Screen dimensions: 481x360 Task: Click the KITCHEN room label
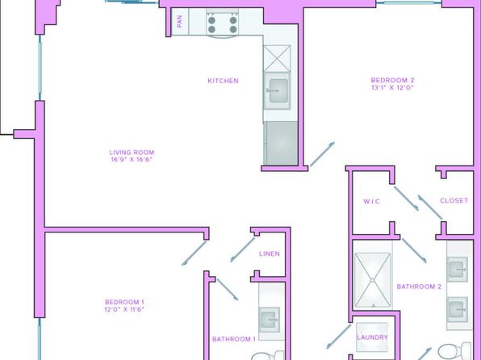pos(223,81)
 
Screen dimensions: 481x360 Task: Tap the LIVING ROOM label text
pos(132,153)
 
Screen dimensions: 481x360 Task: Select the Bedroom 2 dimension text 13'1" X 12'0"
pos(393,87)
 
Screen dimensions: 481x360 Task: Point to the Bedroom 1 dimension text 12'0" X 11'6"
pos(124,309)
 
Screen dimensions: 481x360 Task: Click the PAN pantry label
pos(180,22)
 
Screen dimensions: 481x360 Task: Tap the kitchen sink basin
pos(278,91)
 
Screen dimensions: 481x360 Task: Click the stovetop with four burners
pos(223,24)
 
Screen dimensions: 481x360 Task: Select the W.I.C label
pos(371,201)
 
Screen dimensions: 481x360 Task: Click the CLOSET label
pos(454,200)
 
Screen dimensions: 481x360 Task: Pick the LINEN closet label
pos(270,253)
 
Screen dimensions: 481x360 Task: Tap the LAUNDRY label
pos(372,337)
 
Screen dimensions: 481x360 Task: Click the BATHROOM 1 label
pos(234,339)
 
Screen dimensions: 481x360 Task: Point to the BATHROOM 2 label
pos(419,287)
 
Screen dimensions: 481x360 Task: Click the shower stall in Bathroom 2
pos(372,280)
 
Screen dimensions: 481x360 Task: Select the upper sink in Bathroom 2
pos(458,270)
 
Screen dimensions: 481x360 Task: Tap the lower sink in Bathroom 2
pos(458,309)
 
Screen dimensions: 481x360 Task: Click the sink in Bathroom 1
pos(269,320)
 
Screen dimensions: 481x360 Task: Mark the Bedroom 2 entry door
pos(322,154)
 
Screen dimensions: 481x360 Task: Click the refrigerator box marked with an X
pos(277,58)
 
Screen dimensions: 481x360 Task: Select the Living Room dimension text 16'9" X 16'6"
pos(132,159)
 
